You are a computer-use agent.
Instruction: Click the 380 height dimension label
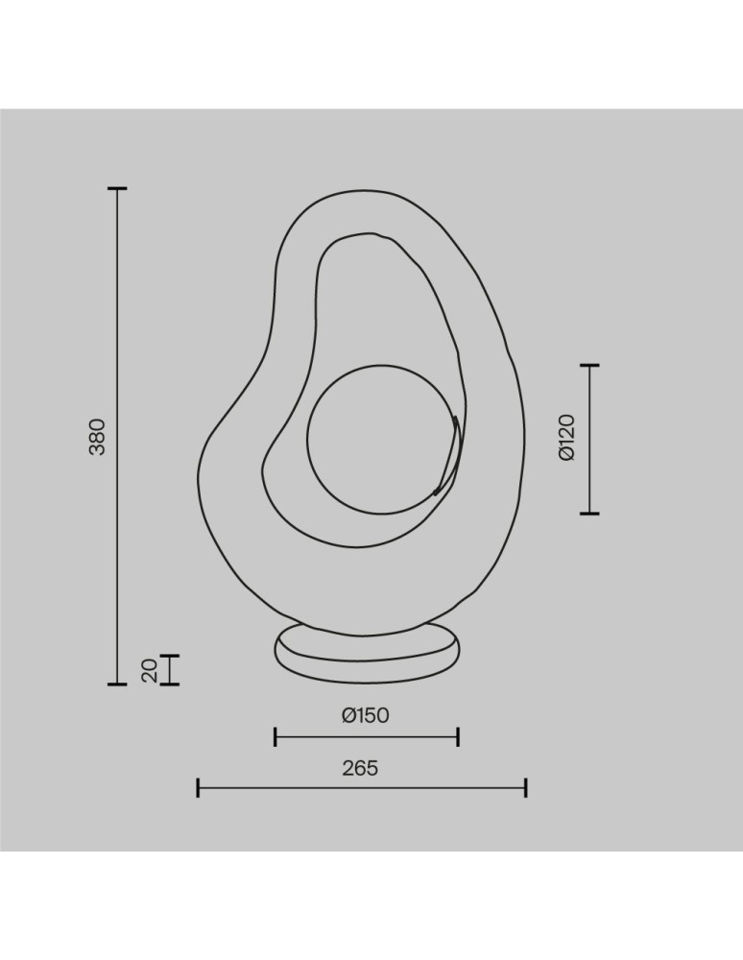(97, 437)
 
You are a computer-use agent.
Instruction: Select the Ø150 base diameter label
(366, 715)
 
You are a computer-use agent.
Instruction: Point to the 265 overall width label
(361, 768)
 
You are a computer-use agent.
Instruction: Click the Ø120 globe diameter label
(567, 437)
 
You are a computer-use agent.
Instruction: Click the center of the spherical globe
(382, 439)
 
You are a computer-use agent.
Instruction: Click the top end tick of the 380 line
(117, 189)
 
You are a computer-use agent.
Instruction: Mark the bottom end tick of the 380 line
(117, 684)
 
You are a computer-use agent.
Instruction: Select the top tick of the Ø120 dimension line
(589, 366)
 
